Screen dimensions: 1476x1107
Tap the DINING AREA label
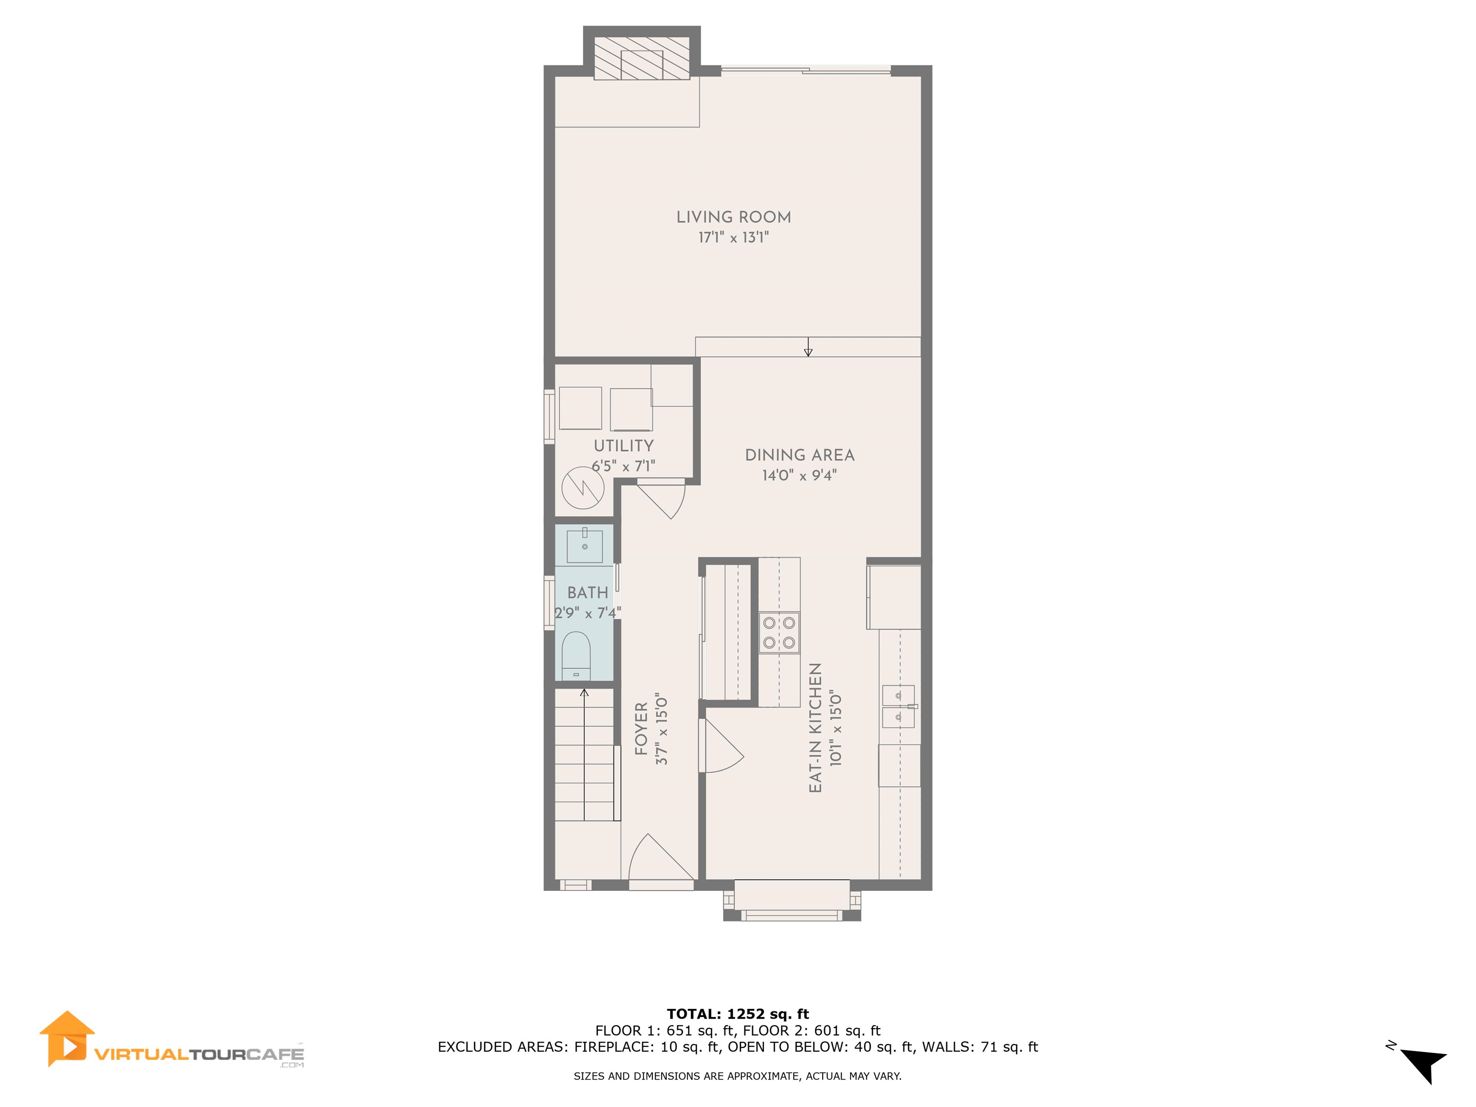pyautogui.click(x=799, y=455)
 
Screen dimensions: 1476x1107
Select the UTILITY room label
pyautogui.click(x=624, y=446)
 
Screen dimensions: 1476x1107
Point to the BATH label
pyautogui.click(x=588, y=592)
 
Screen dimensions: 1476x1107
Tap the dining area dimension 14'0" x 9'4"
pyautogui.click(x=799, y=476)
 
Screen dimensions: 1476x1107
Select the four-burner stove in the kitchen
pyautogui.click(x=779, y=633)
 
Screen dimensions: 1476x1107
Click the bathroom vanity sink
pyautogui.click(x=585, y=546)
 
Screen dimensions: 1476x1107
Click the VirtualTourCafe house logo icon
pyautogui.click(x=67, y=1038)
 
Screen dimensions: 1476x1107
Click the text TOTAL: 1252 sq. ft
pyautogui.click(x=738, y=1015)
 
